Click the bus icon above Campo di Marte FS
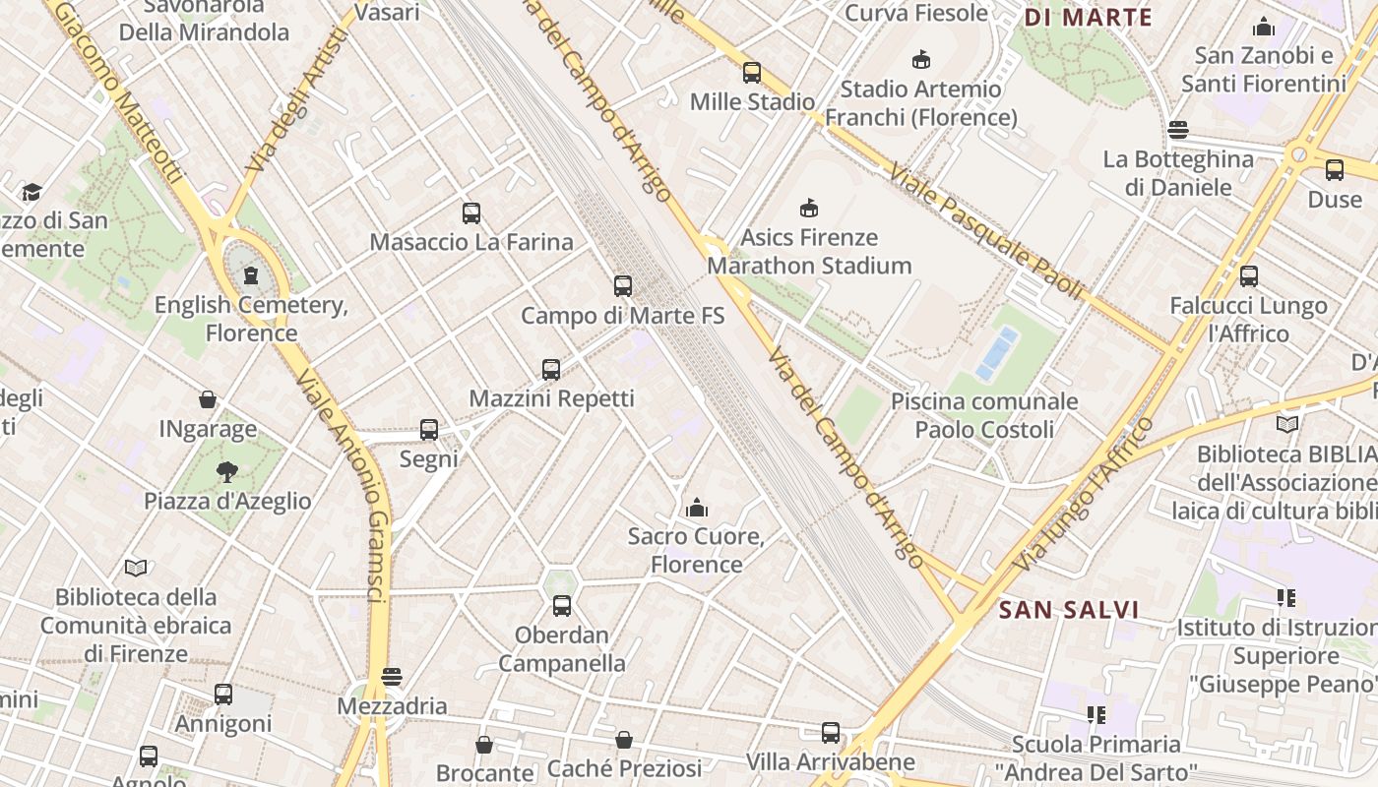[623, 286]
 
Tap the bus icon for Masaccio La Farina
[471, 212]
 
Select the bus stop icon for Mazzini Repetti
[551, 370]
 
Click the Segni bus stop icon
[429, 430]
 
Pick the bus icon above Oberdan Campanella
[562, 606]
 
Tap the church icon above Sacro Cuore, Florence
[697, 508]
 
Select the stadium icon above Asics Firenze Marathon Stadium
[809, 209]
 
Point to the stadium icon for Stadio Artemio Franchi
[921, 60]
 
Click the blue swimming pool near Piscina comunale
[997, 353]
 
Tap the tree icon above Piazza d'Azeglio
[227, 472]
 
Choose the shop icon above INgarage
[208, 399]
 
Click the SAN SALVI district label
[1069, 610]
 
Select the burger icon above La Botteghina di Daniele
[1178, 130]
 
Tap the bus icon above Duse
[1335, 170]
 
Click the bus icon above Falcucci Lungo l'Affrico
[1249, 276]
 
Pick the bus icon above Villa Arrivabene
[831, 733]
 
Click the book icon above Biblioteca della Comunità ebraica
[136, 568]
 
